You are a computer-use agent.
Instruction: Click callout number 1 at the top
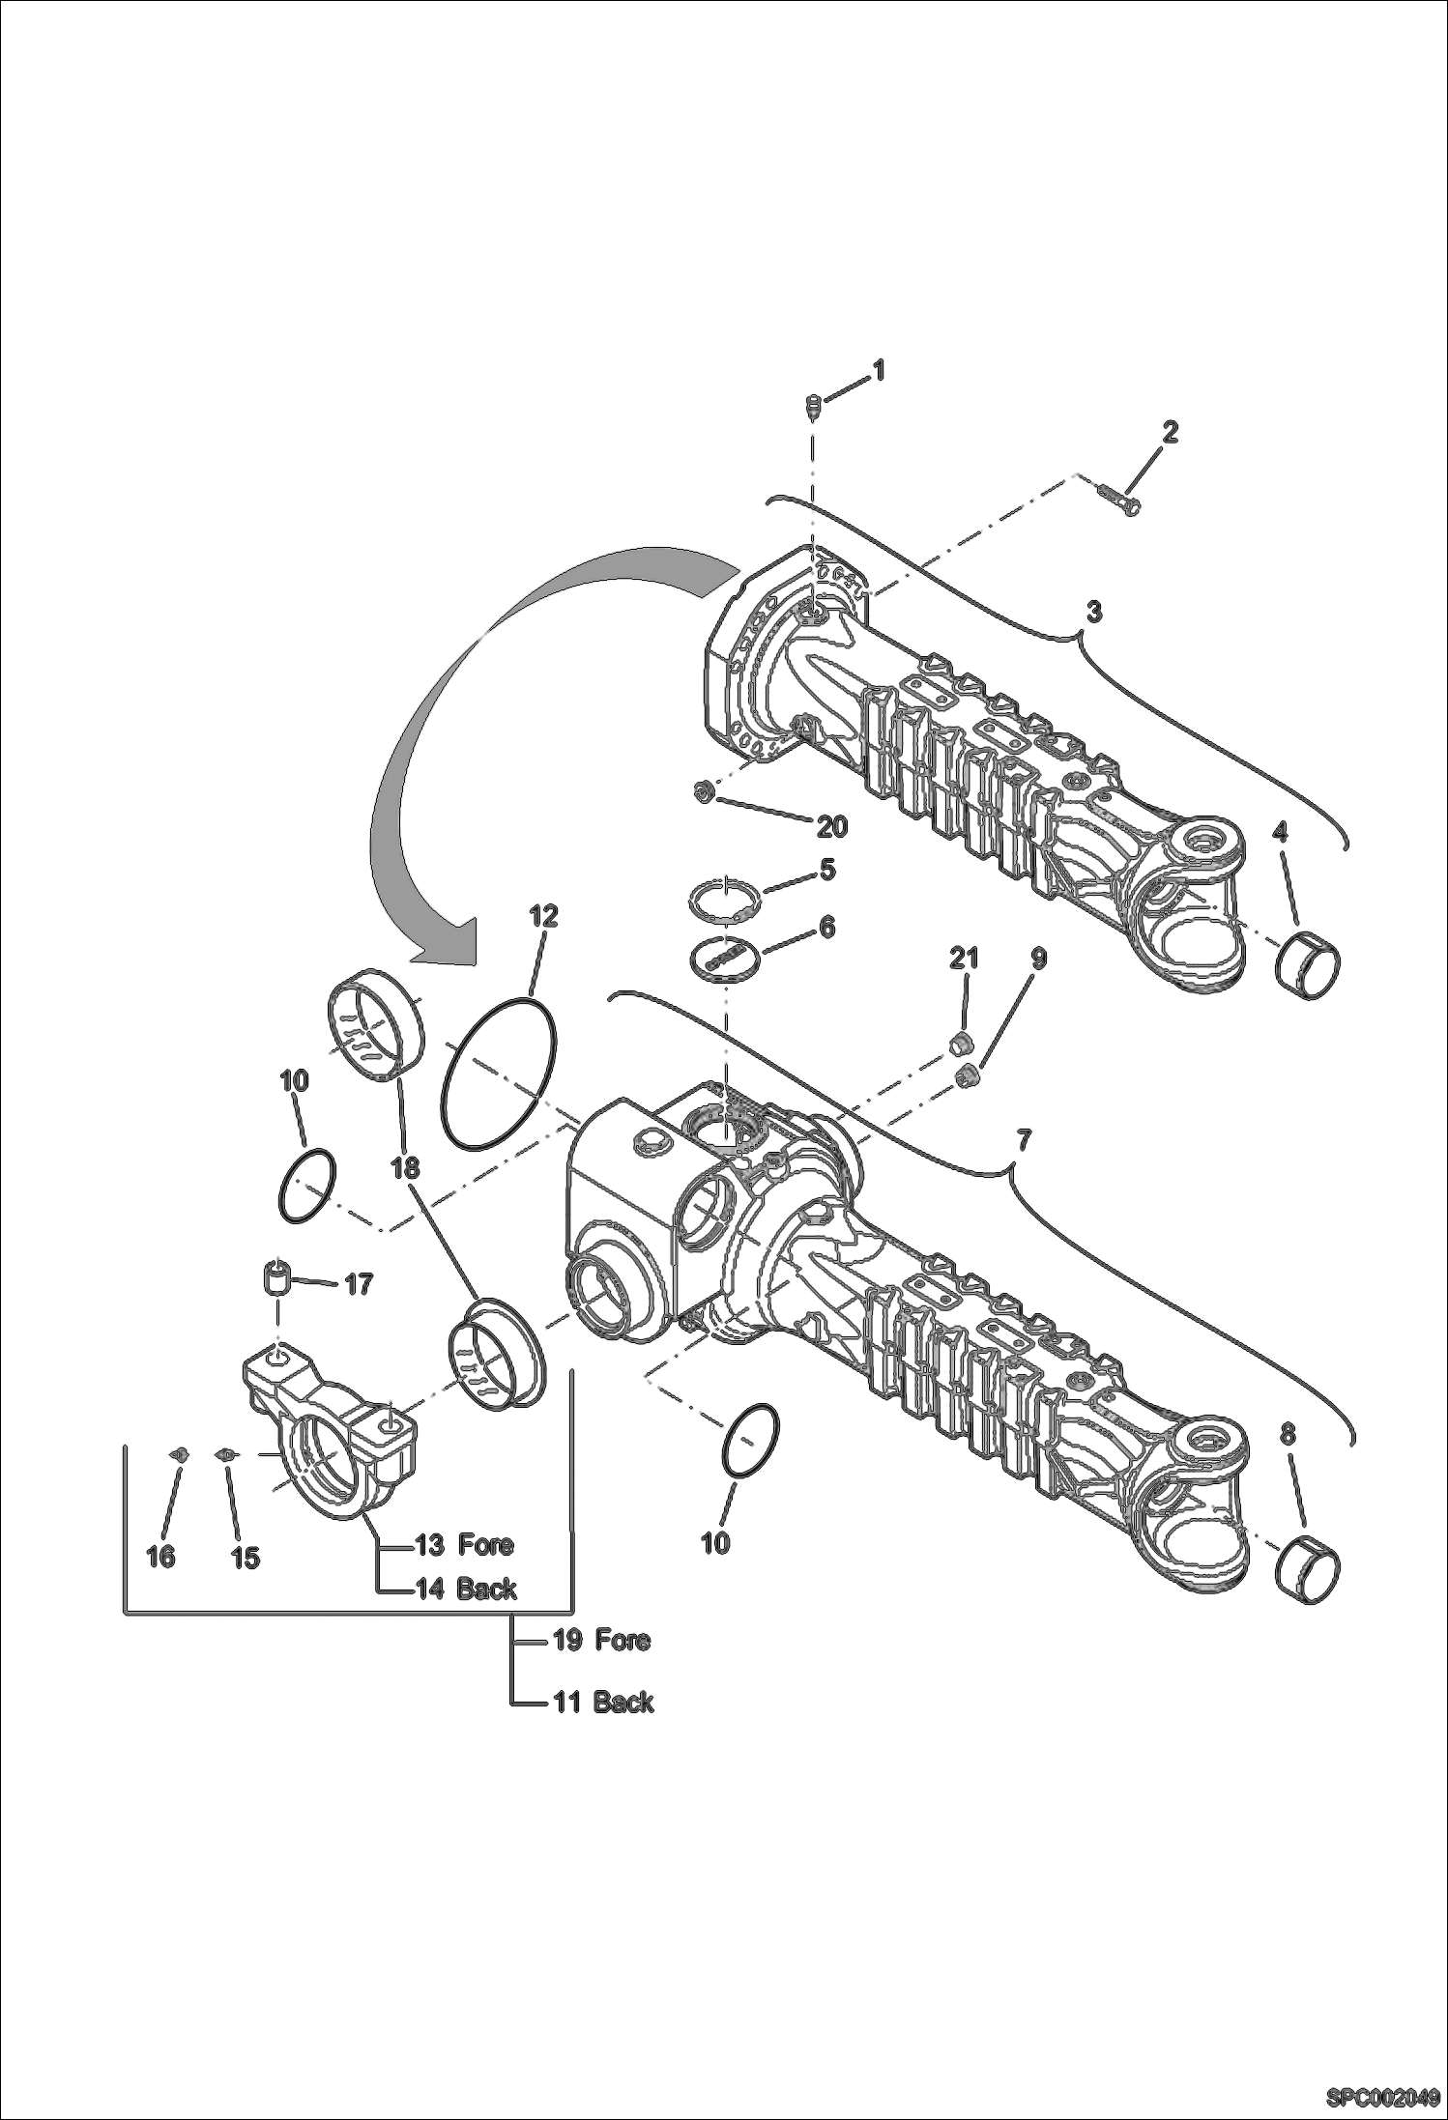(x=878, y=370)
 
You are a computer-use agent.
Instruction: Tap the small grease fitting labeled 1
(x=813, y=405)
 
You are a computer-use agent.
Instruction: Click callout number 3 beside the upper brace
(x=1093, y=612)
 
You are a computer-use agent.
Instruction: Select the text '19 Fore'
(x=600, y=1640)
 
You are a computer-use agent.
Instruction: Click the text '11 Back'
(x=602, y=1702)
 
